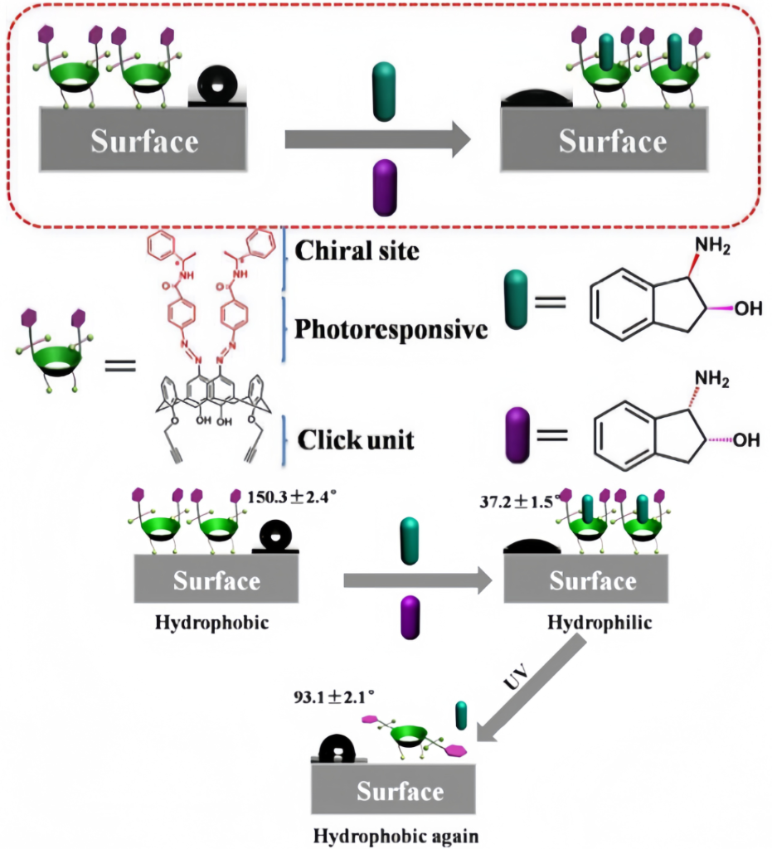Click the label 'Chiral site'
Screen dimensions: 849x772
358,250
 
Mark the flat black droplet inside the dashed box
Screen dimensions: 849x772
532,97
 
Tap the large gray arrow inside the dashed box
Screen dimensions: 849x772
378,140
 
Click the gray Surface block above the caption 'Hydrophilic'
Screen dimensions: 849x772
591,579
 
